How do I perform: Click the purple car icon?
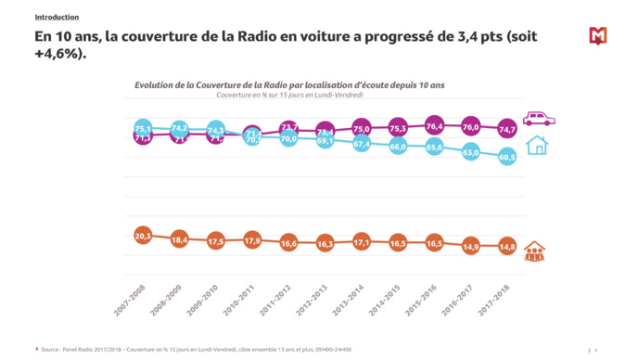click(539, 119)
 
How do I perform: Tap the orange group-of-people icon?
click(535, 251)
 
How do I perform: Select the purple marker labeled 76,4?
click(434, 125)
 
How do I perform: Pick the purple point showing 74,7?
click(506, 130)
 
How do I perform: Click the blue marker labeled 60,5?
click(506, 158)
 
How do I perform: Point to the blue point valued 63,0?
click(470, 152)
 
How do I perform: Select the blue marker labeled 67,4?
click(362, 144)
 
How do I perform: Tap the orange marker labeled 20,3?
click(143, 236)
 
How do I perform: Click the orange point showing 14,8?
click(506, 247)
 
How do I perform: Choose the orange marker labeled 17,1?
click(362, 241)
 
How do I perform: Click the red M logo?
click(598, 36)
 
